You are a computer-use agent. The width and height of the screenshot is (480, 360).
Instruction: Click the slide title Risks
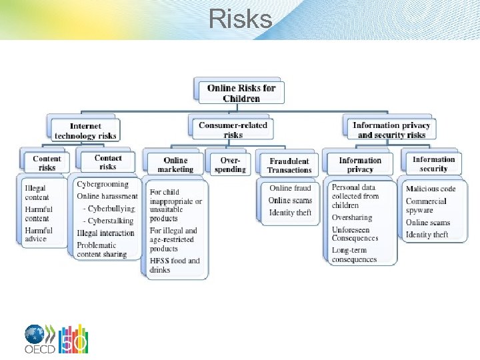[240, 19]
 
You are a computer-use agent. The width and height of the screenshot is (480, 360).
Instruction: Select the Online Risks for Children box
[241, 93]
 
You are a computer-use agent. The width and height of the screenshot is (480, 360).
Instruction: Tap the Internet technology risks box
[85, 131]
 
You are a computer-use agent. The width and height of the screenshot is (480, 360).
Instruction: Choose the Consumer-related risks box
[233, 129]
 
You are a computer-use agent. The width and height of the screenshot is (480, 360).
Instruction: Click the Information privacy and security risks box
[391, 130]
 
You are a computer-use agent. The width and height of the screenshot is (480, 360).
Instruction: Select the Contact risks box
[108, 162]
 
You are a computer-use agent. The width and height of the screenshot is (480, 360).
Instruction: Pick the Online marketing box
[175, 165]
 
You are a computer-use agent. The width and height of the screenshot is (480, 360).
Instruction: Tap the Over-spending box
[230, 165]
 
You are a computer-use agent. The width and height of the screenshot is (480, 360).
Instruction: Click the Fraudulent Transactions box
[289, 165]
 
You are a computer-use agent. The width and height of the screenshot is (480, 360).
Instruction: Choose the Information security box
[433, 164]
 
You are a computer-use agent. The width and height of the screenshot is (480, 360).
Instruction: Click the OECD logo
[56, 339]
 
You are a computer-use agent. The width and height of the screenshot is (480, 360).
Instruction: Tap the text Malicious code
[431, 189]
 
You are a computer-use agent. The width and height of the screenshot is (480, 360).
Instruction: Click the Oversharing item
[352, 217]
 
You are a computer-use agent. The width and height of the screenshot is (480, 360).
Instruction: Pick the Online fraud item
[290, 188]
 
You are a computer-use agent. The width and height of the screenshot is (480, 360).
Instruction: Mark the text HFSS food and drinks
[175, 265]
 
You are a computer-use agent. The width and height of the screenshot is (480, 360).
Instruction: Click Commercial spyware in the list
[426, 206]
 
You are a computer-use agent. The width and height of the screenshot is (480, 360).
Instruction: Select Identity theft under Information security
[427, 235]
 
